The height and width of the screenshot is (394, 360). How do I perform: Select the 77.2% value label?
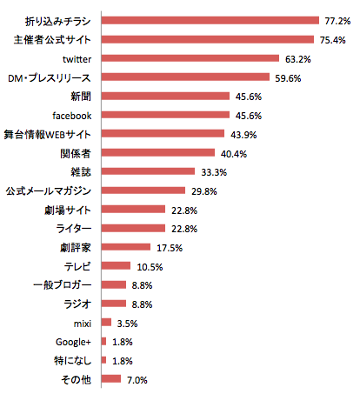click(x=336, y=20)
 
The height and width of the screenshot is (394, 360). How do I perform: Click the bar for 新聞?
click(x=165, y=96)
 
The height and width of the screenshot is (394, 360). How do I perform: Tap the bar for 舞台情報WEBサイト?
click(x=163, y=133)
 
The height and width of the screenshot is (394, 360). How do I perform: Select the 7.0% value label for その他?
click(x=137, y=379)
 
